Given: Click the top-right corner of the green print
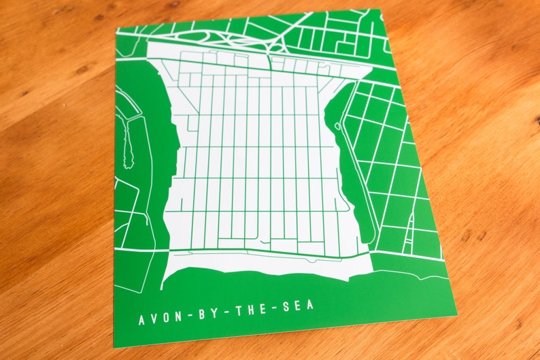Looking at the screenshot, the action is point(379,10).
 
